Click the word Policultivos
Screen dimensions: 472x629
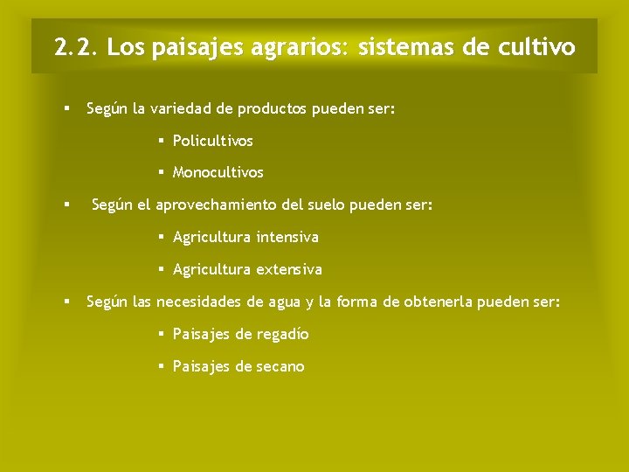click(212, 141)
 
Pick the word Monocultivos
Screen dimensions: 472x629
click(218, 173)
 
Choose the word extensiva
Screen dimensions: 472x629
click(289, 269)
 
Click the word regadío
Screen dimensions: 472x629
click(280, 334)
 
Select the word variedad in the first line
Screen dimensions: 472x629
click(179, 109)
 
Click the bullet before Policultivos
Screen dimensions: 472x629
click(162, 141)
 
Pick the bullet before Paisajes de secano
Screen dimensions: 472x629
click(162, 366)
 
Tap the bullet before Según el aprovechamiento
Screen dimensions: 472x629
click(66, 205)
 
